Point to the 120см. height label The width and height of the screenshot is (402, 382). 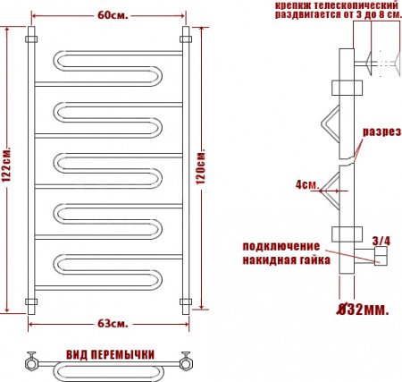coord(213,166)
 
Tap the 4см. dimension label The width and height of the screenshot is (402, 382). coord(306,185)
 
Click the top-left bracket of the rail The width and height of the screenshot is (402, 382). coord(30,39)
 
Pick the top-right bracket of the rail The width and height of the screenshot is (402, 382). coord(188,39)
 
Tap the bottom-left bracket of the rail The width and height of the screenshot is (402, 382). coord(30,299)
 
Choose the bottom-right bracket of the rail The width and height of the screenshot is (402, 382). coord(188,299)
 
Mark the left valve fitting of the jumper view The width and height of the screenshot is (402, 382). coord(31,363)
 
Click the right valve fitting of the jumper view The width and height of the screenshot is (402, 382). coord(187,363)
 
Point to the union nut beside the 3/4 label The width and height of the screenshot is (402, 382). coord(380,259)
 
